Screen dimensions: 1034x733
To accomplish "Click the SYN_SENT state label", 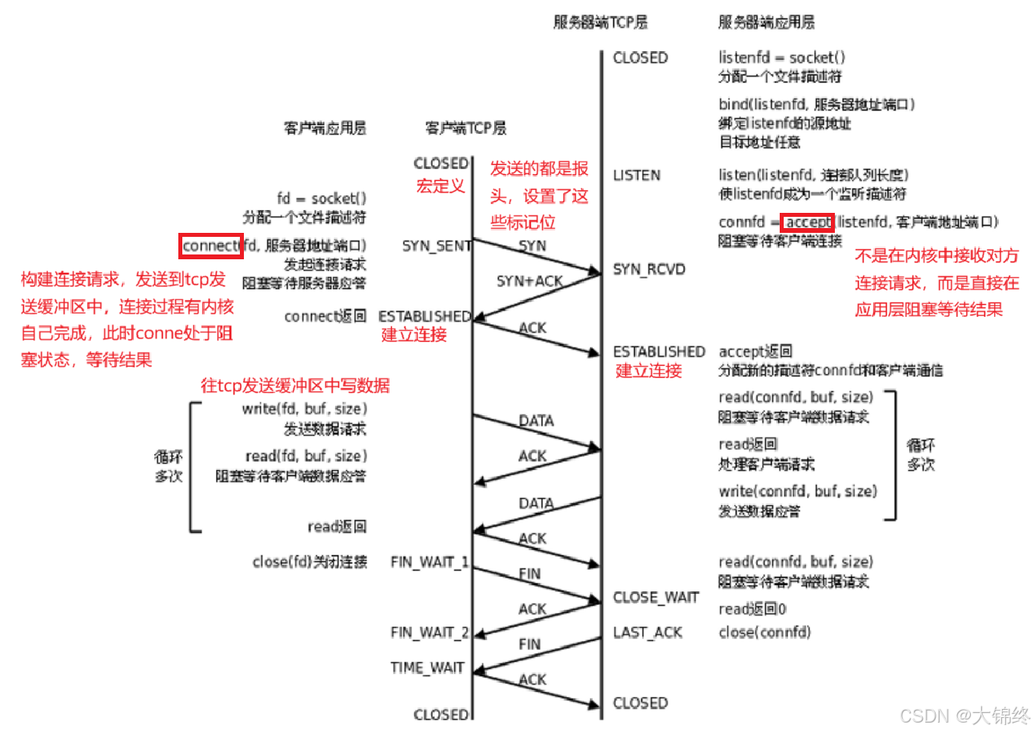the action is [x=437, y=246].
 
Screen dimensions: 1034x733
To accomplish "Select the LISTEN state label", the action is [x=637, y=174].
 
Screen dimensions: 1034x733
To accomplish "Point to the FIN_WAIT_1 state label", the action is [x=429, y=562].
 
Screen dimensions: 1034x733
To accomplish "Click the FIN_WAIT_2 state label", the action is [x=429, y=634].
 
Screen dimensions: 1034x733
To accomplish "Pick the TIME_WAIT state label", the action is [x=427, y=667].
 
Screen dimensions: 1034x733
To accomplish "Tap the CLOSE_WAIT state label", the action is [x=656, y=598].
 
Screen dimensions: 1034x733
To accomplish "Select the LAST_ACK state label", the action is [x=648, y=632].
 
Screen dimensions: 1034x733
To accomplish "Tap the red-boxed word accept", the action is [x=808, y=222].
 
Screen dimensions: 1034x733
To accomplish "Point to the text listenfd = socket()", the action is [x=782, y=58].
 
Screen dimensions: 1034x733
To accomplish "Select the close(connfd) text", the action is [x=765, y=632].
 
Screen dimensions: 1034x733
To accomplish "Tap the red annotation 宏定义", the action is [x=439, y=186].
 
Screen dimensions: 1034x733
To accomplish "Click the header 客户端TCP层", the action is [x=465, y=128].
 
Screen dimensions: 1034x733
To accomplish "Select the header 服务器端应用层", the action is [x=766, y=22].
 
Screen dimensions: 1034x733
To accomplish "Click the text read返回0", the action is [x=752, y=609].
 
